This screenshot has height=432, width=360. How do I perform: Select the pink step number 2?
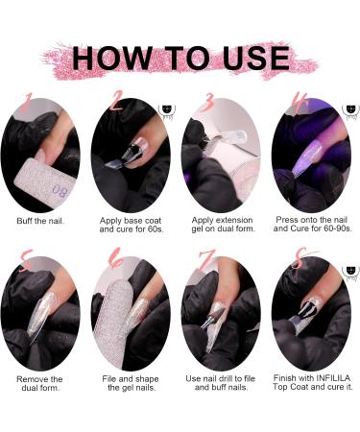116,101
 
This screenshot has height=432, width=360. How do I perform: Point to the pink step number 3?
205,103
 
